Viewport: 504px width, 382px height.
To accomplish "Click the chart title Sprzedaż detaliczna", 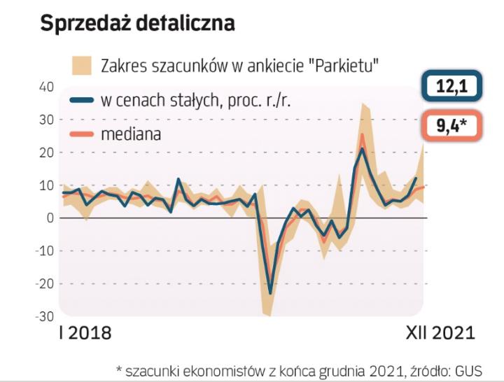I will pos(137,23).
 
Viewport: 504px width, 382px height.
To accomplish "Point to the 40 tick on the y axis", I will pos(45,87).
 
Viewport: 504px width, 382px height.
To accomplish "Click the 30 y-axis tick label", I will pos(45,120).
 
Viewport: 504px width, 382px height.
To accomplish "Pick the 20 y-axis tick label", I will pos(45,153).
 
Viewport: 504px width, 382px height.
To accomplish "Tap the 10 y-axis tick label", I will pos(45,185).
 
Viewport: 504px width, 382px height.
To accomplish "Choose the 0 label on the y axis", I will pos(50,218).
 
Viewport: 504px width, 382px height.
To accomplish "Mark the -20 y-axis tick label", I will pos(43,284).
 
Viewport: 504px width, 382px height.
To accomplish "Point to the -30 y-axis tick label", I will pos(43,316).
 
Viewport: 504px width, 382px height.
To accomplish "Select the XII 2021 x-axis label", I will pos(440,332).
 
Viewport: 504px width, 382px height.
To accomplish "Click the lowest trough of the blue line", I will pos(270,294).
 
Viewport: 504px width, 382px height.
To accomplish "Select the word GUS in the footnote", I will pos(470,369).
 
